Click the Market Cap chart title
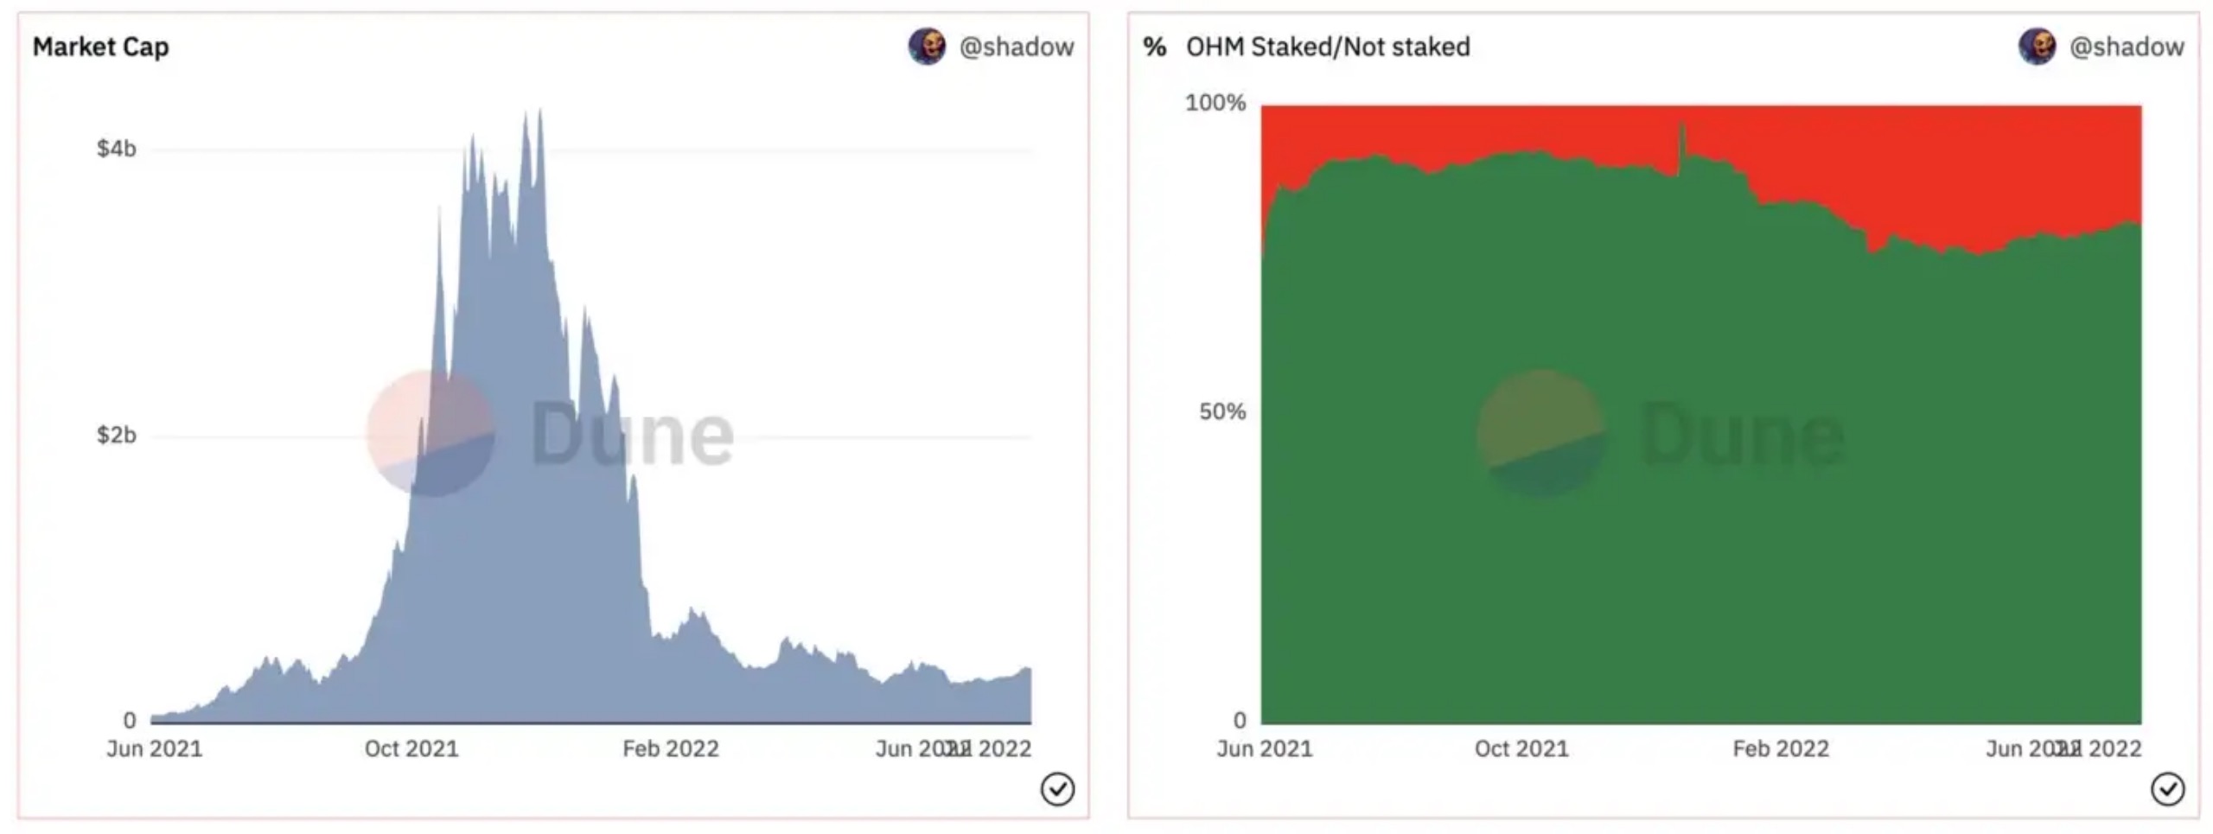[x=100, y=47]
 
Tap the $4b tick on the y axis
[x=117, y=150]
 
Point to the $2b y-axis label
[x=117, y=435]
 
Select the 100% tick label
[x=1215, y=104]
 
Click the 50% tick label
[x=1222, y=412]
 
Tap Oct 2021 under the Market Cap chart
[x=411, y=748]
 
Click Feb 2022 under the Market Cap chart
[x=671, y=748]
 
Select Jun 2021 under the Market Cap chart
[x=154, y=748]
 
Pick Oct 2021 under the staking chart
[x=1521, y=748]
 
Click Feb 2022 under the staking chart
[x=1781, y=748]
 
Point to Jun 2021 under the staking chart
[x=1264, y=748]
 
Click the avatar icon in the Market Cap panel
[x=927, y=47]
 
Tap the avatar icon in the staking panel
[x=2037, y=47]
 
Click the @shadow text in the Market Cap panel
[x=1017, y=47]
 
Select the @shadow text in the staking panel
[x=2127, y=47]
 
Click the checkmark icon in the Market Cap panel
[x=1057, y=789]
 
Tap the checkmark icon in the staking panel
[x=2167, y=789]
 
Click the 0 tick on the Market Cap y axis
[x=130, y=720]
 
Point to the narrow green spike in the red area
[x=1682, y=143]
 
